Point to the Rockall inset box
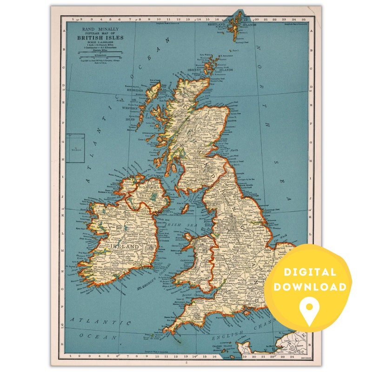tap(75, 148)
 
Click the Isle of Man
tap(185, 209)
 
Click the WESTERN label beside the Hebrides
tap(131, 108)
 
